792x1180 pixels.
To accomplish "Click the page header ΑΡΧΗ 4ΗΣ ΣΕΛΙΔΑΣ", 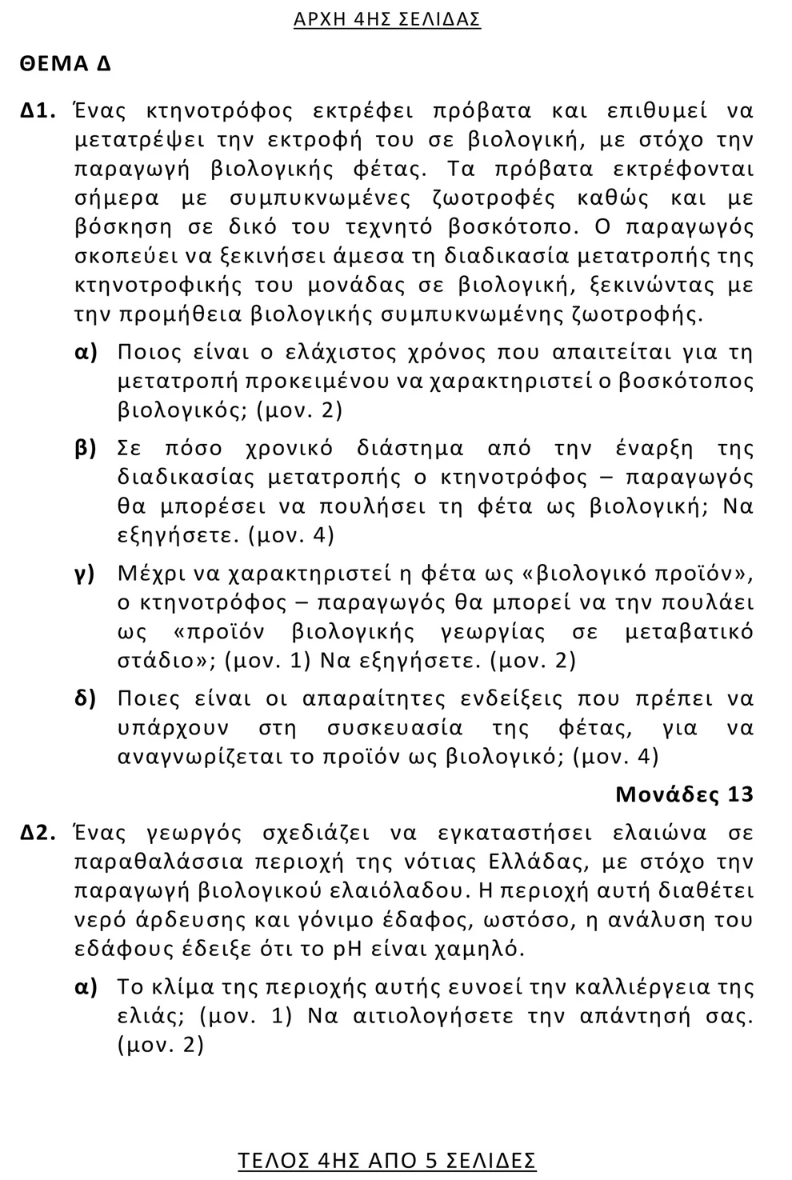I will [387, 20].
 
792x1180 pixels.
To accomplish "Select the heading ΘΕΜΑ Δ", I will [66, 65].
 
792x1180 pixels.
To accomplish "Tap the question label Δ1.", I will [38, 110].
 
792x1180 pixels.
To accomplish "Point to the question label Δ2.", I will [38, 833].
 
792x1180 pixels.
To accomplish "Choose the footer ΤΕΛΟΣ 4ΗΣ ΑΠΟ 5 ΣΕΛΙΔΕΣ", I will [387, 1160].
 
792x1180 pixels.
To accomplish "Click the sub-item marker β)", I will [86, 448].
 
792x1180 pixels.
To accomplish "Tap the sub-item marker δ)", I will [86, 698].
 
